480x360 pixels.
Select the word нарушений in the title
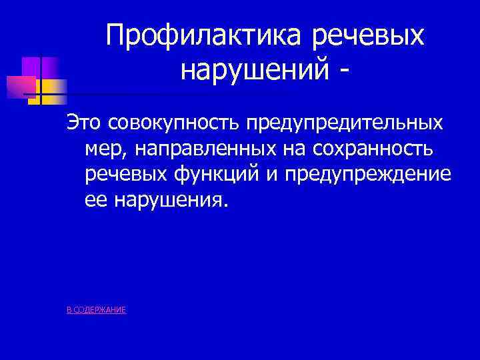click(253, 68)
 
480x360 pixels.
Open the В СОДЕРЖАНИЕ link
click(97, 310)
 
